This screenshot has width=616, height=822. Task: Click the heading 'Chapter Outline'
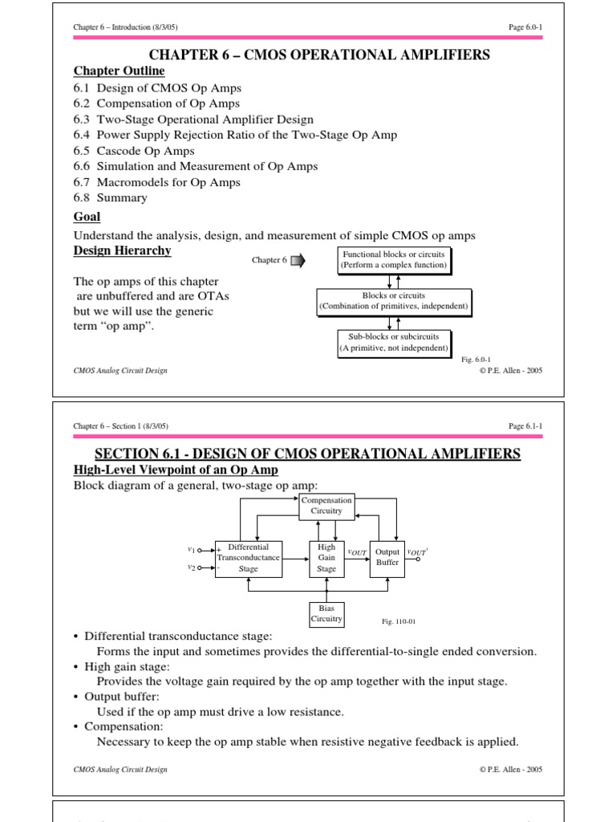[119, 71]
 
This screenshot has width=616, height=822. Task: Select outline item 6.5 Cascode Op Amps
[134, 151]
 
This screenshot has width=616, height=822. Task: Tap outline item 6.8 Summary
[111, 197]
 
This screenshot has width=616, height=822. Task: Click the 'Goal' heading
[87, 217]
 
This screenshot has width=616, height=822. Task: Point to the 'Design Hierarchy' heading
[122, 250]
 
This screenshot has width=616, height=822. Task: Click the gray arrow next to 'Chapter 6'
[298, 260]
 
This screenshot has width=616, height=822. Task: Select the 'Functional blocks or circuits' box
[393, 259]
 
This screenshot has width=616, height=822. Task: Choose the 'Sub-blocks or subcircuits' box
[393, 342]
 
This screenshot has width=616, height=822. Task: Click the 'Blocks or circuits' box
[394, 301]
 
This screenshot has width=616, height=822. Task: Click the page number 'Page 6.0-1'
[525, 27]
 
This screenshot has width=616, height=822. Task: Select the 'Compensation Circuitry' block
[326, 505]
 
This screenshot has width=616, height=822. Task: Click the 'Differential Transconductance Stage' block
[249, 558]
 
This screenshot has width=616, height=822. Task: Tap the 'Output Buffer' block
[387, 558]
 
